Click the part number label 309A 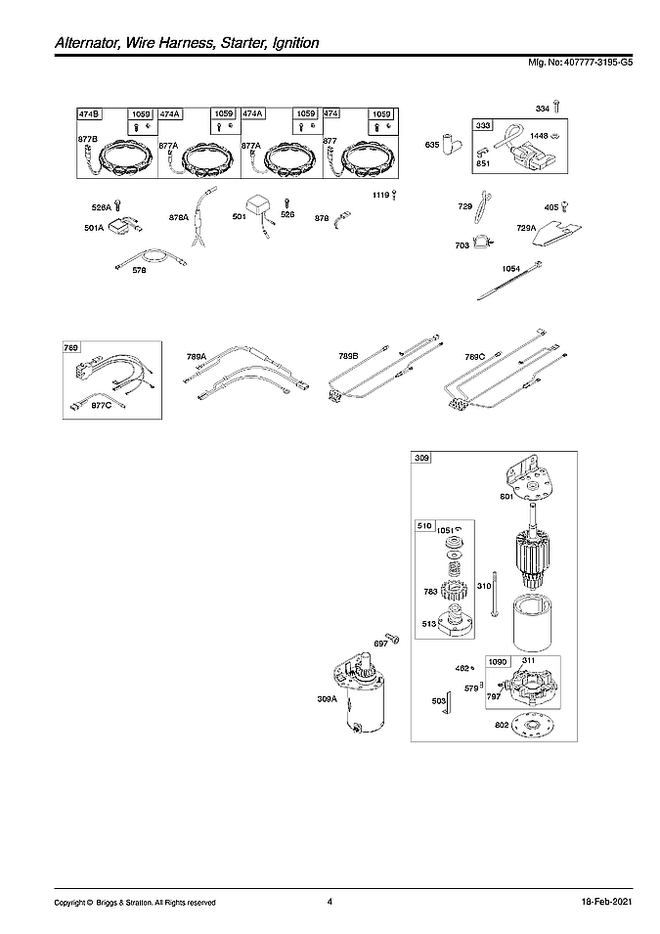[328, 699]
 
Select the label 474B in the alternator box [88, 114]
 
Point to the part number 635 [431, 145]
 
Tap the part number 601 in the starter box [506, 497]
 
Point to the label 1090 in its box [499, 660]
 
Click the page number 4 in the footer [330, 901]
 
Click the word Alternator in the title [61, 44]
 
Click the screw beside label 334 [556, 106]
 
